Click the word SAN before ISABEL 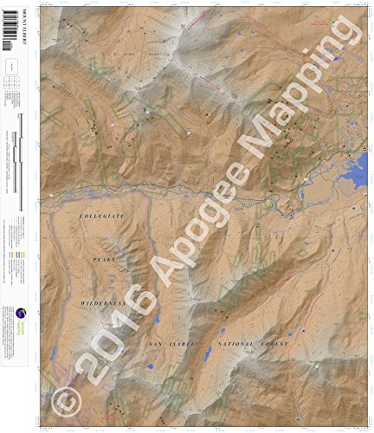click(154, 344)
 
